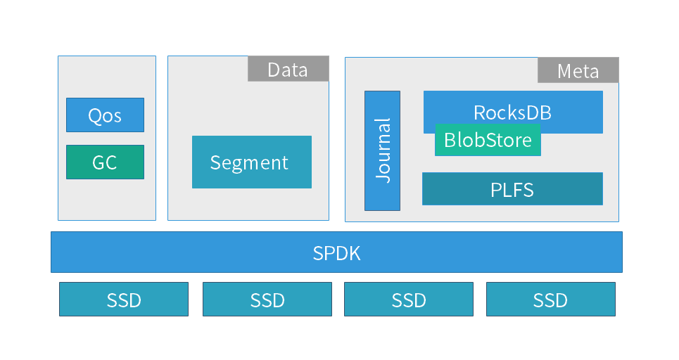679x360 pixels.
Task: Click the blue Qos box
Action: pos(105,115)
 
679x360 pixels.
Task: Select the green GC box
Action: pos(105,162)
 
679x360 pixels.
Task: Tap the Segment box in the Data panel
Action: pos(251,162)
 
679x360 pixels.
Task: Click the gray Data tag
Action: pos(288,69)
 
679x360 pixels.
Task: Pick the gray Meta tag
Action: pos(578,70)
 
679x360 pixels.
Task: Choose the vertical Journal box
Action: pos(382,150)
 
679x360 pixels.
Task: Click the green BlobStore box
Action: pos(488,141)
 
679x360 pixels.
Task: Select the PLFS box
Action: pos(512,188)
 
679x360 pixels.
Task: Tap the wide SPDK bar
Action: pos(336,252)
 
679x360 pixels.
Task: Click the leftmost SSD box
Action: pos(124,299)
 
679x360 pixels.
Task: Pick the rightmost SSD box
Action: pos(550,299)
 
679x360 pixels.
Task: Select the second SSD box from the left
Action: pos(267,299)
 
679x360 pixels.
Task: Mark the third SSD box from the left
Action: pos(409,299)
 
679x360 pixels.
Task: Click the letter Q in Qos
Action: pos(95,115)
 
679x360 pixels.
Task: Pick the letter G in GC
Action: pos(99,162)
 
